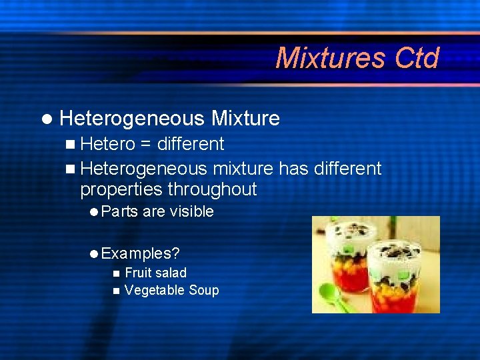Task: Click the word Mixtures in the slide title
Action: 330,58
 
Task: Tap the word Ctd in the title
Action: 417,58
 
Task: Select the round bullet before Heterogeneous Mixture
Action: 45,119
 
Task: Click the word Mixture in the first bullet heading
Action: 245,119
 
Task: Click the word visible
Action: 191,212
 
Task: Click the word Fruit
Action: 138,273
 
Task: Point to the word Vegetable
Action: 154,290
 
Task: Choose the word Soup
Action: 204,290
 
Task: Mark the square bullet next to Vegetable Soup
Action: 117,291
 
